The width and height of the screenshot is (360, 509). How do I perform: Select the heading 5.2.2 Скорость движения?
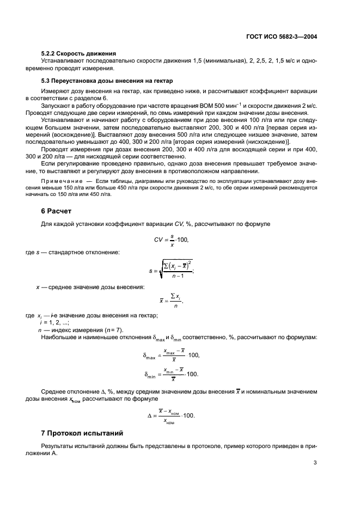[x=80, y=53]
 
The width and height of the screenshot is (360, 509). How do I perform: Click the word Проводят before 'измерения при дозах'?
[x=54, y=150]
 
